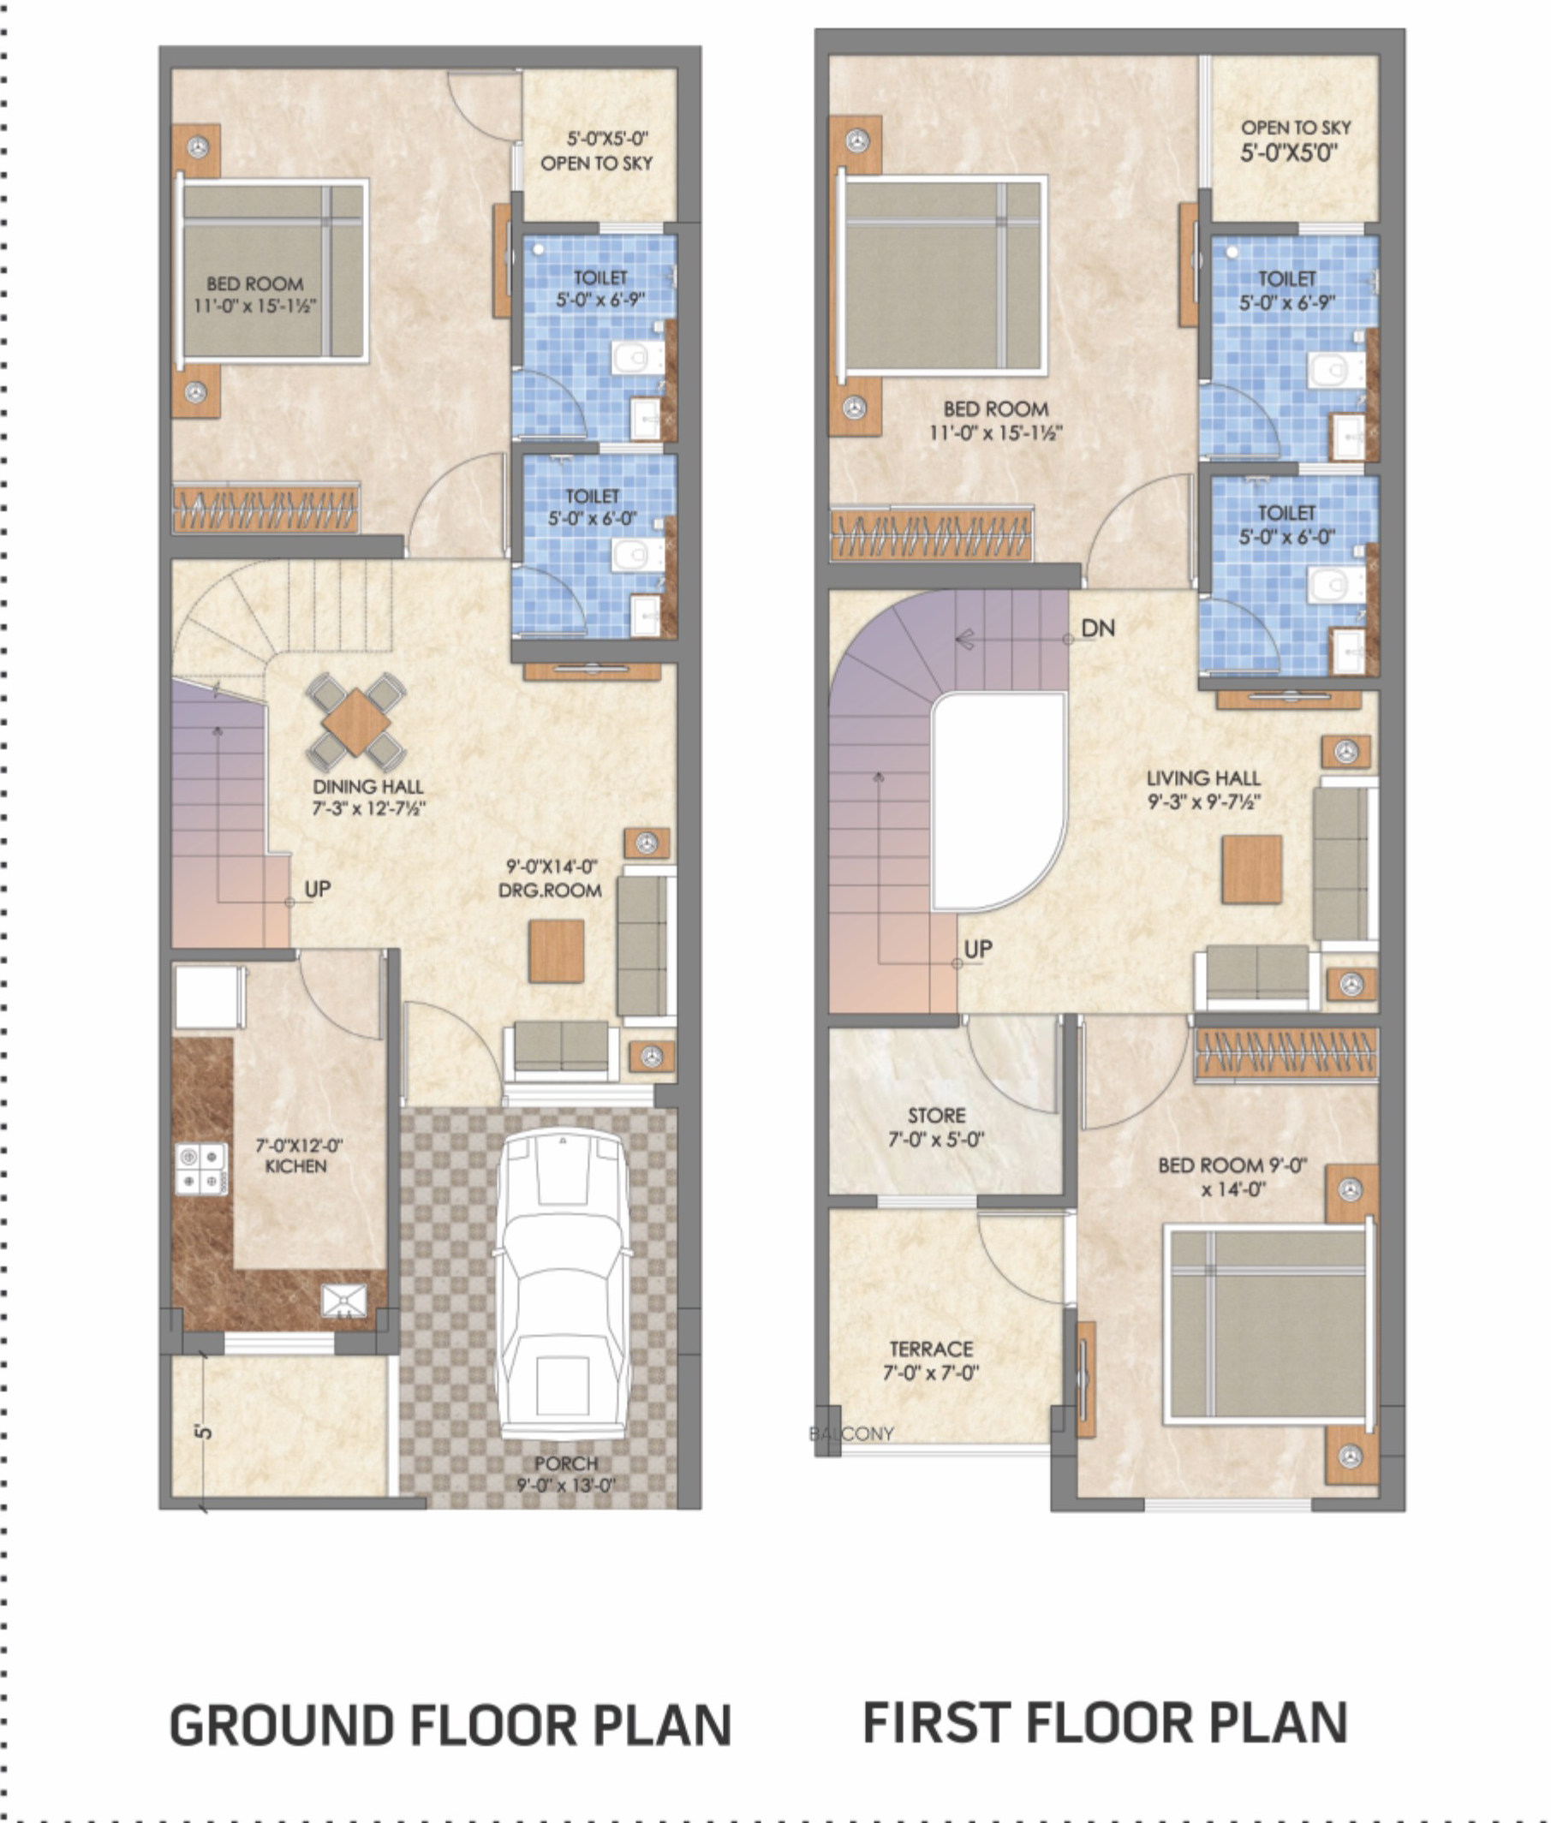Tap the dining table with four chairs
tap(355, 723)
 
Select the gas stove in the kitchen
tap(201, 1169)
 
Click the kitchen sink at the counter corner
tap(343, 1300)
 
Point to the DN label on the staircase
tap(1097, 629)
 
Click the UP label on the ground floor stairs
tap(318, 889)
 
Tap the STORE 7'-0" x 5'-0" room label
tap(935, 1128)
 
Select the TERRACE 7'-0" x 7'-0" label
tap(930, 1361)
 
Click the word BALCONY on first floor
tap(851, 1433)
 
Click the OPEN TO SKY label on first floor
tap(1295, 128)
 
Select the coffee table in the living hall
tap(1251, 869)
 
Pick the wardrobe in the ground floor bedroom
tap(265, 509)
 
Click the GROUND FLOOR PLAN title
tap(450, 1725)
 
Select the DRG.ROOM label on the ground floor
tap(551, 891)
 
